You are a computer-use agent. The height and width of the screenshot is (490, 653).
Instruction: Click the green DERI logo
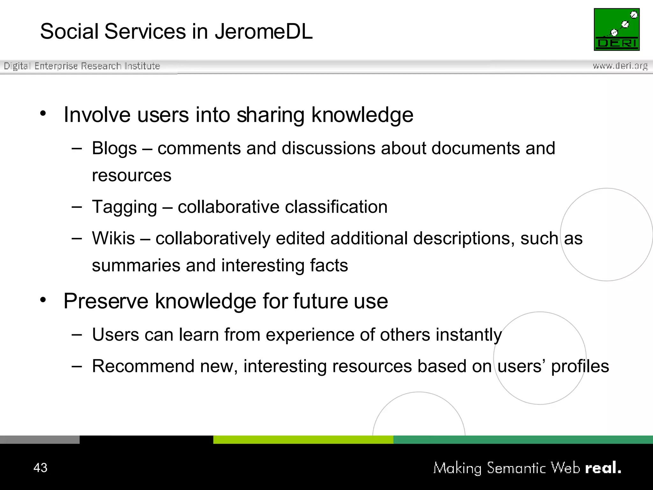click(x=617, y=29)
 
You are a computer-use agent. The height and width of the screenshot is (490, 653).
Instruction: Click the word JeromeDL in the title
click(x=263, y=32)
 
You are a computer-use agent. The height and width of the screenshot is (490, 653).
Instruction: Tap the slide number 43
click(x=40, y=468)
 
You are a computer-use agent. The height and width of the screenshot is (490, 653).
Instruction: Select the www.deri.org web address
click(x=620, y=66)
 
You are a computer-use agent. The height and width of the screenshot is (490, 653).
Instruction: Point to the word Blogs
click(x=114, y=148)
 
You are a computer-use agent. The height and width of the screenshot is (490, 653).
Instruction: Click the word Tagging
click(x=124, y=207)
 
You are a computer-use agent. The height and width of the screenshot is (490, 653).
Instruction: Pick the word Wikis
click(x=114, y=238)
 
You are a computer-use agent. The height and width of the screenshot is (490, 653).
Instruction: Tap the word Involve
click(x=97, y=115)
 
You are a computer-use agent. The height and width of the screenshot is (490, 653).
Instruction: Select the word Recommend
click(x=143, y=366)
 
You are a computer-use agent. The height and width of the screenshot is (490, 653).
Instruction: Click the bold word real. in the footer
click(x=603, y=468)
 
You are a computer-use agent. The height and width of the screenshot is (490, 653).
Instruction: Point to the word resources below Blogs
click(x=131, y=175)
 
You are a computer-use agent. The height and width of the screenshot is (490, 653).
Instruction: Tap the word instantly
click(x=469, y=335)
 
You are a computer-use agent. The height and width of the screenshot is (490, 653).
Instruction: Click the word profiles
click(x=580, y=366)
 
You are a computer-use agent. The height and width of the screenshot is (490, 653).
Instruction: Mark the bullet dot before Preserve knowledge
click(x=43, y=300)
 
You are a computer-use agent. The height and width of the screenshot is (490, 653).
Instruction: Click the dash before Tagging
click(x=77, y=207)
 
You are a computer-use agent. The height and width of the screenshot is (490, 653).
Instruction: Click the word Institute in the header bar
click(x=142, y=66)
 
